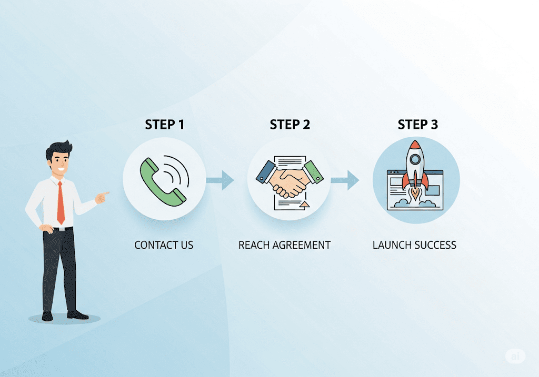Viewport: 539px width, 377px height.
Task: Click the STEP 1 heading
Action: (x=164, y=125)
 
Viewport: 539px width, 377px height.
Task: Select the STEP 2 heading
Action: (x=290, y=125)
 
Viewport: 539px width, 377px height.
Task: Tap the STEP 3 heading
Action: (x=417, y=125)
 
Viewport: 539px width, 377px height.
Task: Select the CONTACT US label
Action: (x=164, y=245)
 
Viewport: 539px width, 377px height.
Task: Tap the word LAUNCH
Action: (x=390, y=245)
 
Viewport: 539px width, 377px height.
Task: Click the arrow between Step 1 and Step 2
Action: (x=221, y=180)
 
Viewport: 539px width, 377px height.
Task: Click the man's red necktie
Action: (x=61, y=202)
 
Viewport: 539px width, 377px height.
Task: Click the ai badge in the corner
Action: (x=515, y=356)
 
